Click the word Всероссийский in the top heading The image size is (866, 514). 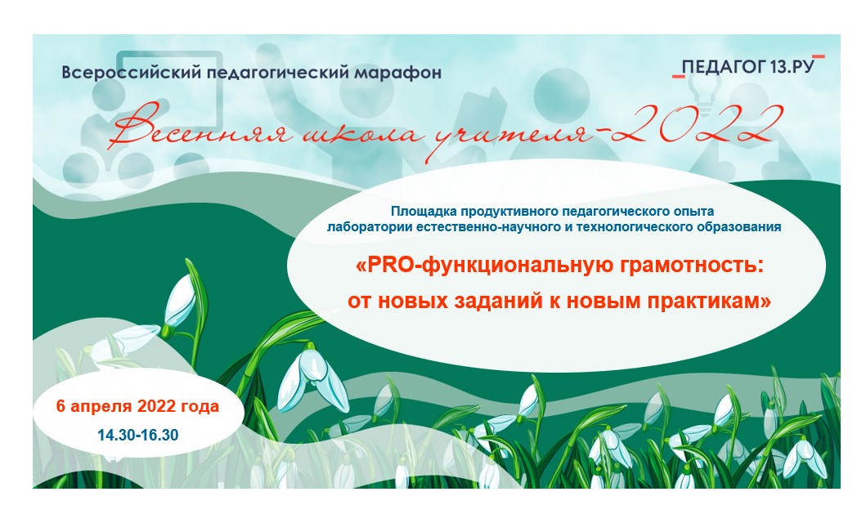pos(131,74)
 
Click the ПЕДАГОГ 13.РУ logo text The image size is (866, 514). pos(748,67)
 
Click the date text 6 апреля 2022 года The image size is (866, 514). pos(137,407)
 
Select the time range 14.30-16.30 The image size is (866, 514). pos(138,435)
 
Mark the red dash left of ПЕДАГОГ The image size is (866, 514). pos(678,76)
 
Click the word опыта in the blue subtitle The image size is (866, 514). pos(693,212)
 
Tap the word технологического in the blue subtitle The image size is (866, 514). pos(638,227)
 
